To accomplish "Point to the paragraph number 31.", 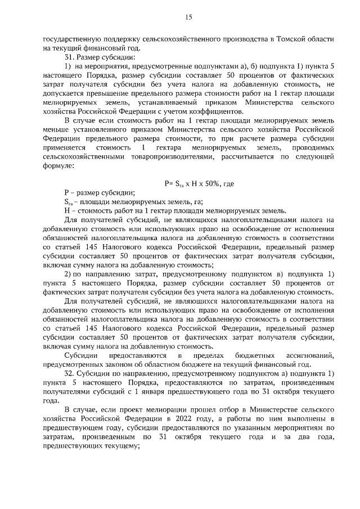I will [x=69, y=57].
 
